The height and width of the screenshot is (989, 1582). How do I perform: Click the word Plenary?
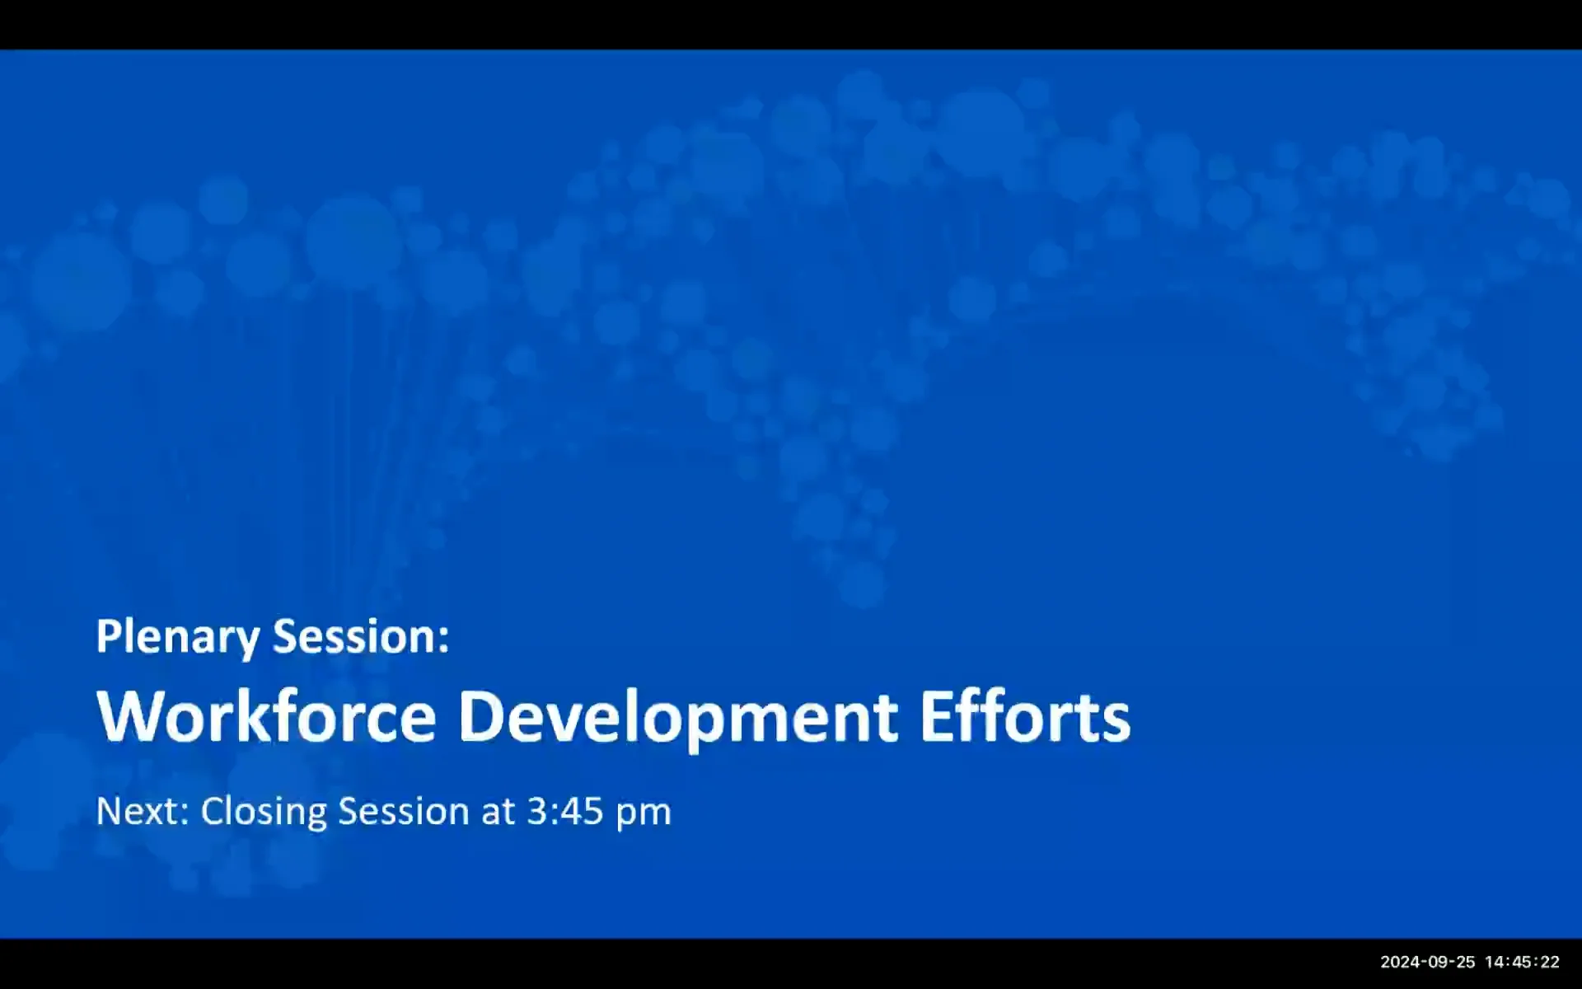tap(178, 638)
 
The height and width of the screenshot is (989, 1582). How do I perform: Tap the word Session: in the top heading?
tap(361, 636)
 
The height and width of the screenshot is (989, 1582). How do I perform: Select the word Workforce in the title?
tap(266, 715)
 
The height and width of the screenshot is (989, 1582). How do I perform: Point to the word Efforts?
tap(1024, 715)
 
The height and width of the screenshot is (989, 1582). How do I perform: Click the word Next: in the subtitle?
tap(143, 811)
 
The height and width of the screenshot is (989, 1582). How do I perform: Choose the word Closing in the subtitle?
tap(264, 813)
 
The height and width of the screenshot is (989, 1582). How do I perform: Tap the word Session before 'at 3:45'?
tap(404, 811)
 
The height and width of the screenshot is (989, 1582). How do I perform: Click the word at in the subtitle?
tap(498, 811)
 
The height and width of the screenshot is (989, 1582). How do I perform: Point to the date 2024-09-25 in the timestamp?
tap(1428, 962)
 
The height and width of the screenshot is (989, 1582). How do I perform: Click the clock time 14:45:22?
tap(1522, 962)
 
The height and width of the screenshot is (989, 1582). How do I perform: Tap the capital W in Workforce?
tap(126, 715)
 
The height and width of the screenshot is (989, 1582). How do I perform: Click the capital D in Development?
tap(480, 715)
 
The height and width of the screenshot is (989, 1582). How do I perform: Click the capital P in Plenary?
tap(106, 636)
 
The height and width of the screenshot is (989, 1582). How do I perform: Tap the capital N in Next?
tap(109, 811)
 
